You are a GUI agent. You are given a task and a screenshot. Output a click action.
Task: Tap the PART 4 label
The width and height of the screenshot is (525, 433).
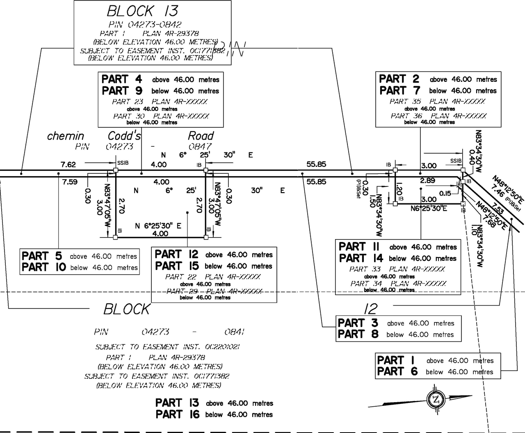click(x=122, y=79)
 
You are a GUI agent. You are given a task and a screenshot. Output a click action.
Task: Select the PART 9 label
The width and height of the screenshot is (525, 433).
click(x=122, y=90)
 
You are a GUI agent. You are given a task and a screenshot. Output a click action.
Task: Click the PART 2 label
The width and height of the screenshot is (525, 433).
click(x=399, y=78)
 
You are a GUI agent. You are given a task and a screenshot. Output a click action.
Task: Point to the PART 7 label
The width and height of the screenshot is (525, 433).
click(x=399, y=90)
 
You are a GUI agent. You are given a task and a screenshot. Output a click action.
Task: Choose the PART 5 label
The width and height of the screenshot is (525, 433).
click(x=43, y=256)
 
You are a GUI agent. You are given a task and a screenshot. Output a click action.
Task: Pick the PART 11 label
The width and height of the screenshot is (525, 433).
click(x=359, y=246)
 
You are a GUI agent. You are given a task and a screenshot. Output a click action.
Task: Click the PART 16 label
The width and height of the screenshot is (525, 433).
click(x=177, y=414)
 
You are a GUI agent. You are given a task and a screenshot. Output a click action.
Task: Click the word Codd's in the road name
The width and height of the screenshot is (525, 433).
click(x=124, y=136)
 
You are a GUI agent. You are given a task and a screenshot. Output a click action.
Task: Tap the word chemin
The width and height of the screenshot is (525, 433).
click(x=66, y=136)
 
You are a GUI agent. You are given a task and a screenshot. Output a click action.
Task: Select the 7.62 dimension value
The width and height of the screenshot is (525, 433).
click(x=68, y=165)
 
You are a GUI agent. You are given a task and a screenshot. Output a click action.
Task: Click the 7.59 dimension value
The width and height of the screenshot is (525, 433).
click(x=70, y=182)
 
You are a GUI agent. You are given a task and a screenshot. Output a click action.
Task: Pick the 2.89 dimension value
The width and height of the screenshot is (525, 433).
click(x=427, y=180)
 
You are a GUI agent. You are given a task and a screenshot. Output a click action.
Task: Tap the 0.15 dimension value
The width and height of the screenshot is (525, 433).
click(x=445, y=193)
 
